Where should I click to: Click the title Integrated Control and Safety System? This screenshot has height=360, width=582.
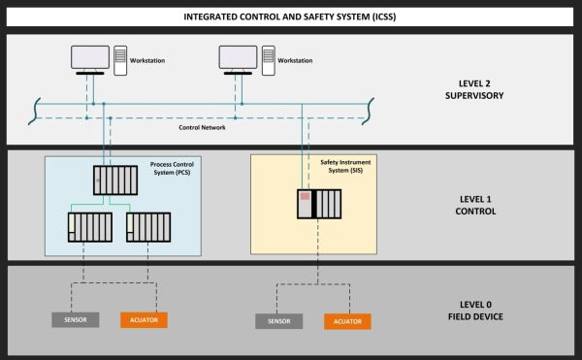pos(291,16)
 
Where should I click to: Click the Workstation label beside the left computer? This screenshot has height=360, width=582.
pos(147,61)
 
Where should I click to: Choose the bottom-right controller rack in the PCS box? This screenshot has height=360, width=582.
pos(149,227)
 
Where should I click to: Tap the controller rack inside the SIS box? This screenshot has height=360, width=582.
pos(320,204)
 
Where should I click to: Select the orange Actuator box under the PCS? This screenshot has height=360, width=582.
pos(145,319)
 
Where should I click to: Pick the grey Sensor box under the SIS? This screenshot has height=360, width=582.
pos(278,320)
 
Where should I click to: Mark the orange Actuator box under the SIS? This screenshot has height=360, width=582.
pos(347,320)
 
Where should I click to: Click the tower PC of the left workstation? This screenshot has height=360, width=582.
pos(121,59)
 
